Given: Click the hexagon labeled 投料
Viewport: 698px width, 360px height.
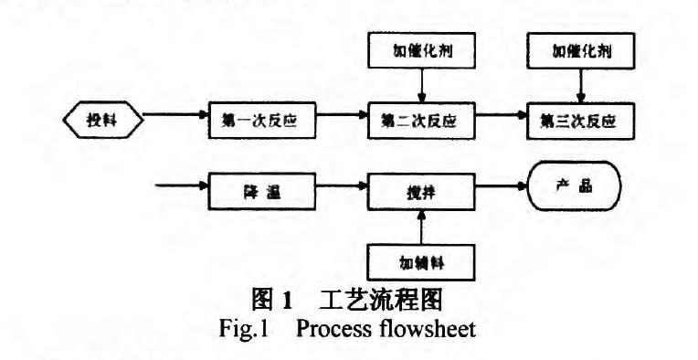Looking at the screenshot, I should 102,120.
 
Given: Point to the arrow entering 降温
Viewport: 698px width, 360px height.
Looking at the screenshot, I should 181,189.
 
